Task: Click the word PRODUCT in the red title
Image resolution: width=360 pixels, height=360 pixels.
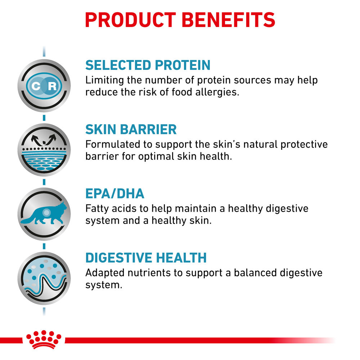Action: pyautogui.click(x=130, y=20)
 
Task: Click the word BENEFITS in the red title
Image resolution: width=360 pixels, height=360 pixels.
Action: pyautogui.click(x=228, y=20)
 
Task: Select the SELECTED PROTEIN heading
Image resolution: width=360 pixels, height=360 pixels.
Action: pyautogui.click(x=148, y=65)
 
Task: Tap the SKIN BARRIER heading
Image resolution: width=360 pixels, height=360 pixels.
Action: pyautogui.click(x=131, y=129)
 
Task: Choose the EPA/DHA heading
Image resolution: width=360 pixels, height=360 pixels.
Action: pyautogui.click(x=115, y=194)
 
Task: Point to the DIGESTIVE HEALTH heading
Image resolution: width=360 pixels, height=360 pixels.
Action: pyautogui.click(x=146, y=258)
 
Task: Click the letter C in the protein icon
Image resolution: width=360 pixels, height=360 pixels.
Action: pyautogui.click(x=36, y=86)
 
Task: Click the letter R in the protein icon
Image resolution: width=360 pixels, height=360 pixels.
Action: pyautogui.click(x=52, y=86)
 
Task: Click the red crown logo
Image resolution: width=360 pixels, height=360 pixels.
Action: pyautogui.click(x=44, y=339)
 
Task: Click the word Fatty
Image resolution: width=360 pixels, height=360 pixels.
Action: pyautogui.click(x=97, y=209)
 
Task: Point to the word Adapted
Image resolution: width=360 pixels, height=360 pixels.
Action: pyautogui.click(x=105, y=273)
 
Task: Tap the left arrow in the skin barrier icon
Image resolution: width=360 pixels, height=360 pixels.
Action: pyautogui.click(x=36, y=140)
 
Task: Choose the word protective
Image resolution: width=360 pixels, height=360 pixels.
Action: pyautogui.click(x=304, y=144)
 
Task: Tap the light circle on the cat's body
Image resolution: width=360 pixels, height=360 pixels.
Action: pyautogui.click(x=46, y=213)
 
